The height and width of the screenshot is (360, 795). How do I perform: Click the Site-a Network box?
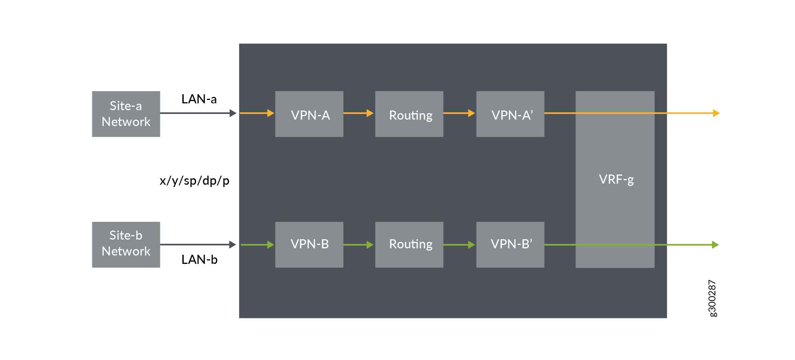(x=126, y=114)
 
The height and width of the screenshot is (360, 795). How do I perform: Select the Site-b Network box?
(x=126, y=245)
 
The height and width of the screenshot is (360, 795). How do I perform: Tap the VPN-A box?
(x=309, y=114)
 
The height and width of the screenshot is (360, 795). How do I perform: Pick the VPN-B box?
(x=309, y=245)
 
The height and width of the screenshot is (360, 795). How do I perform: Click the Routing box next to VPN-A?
(x=409, y=114)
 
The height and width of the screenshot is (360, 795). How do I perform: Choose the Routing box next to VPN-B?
(x=409, y=245)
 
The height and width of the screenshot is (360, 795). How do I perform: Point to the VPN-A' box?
(x=510, y=114)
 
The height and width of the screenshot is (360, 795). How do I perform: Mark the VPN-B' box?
(x=510, y=245)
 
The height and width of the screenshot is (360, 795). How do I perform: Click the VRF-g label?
(x=616, y=179)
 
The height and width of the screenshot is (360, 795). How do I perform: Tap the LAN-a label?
(x=199, y=99)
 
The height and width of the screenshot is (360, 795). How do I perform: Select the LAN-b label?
(x=199, y=260)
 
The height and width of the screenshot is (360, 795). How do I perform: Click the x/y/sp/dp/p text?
(x=194, y=181)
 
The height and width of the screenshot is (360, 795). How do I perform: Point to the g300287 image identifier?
(x=712, y=298)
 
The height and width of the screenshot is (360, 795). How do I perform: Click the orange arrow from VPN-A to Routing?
(x=358, y=113)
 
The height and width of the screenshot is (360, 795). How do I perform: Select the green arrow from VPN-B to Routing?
(x=358, y=245)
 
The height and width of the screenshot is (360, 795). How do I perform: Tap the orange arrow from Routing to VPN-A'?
(x=459, y=113)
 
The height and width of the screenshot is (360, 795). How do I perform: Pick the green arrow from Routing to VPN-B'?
(x=459, y=245)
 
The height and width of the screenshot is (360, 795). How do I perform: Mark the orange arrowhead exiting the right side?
(x=716, y=113)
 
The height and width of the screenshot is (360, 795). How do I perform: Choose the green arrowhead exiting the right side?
(x=715, y=245)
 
